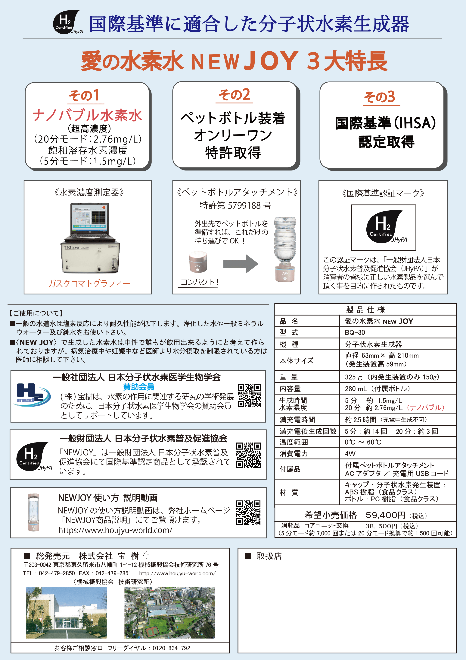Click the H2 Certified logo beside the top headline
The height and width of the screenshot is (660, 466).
[67, 22]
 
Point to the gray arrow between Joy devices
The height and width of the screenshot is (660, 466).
[241, 263]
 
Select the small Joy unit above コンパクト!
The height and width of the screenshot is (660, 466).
[198, 262]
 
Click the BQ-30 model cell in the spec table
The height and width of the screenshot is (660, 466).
[355, 333]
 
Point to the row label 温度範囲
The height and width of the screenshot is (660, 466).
[294, 442]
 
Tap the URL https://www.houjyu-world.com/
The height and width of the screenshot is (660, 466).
[115, 530]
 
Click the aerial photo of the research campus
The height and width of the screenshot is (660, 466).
[169, 612]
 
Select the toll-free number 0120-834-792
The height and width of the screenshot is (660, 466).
[171, 648]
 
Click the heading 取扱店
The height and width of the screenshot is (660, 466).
[269, 556]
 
